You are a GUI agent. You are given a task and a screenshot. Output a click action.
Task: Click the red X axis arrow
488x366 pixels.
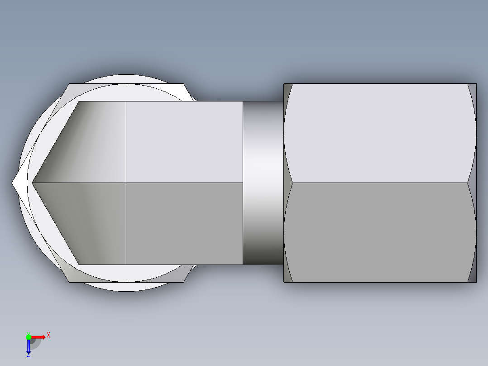[39, 337]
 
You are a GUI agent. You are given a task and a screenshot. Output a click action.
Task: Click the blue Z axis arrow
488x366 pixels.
[29, 347]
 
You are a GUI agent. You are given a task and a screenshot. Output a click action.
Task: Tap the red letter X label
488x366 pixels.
[48, 335]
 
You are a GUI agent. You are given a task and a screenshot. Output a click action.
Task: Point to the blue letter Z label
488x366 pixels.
[28, 355]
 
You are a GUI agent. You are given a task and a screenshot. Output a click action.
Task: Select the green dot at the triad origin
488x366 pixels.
[29, 337]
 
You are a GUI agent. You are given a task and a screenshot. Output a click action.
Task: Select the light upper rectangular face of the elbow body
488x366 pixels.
[184, 142]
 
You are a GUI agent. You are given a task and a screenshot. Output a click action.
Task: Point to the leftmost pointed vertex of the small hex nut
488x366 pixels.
[12, 183]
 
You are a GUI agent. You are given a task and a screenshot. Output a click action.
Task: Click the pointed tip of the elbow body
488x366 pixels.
[33, 183]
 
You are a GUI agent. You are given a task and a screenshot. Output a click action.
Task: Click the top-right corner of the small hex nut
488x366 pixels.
[184, 84]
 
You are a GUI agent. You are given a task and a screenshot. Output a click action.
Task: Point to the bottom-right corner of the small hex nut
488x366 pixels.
[184, 282]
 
